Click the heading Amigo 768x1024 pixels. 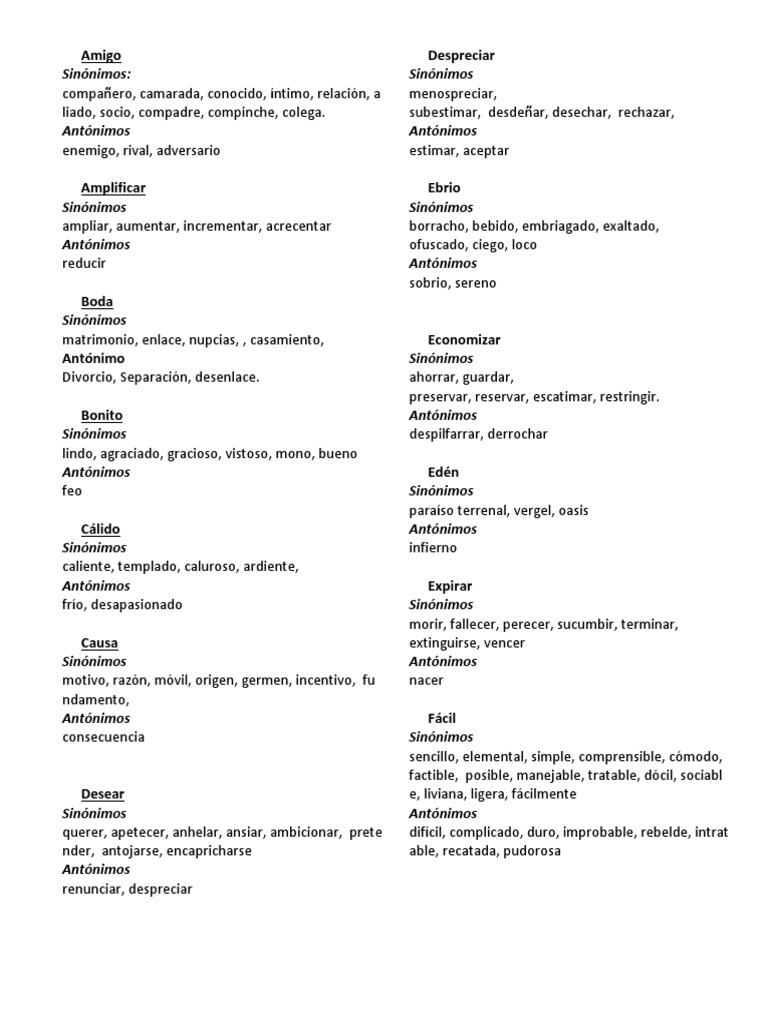(x=100, y=56)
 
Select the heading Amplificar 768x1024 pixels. (x=113, y=188)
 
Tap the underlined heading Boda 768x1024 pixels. (x=97, y=302)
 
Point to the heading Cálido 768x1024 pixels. (x=101, y=529)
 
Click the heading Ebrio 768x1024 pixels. (x=444, y=188)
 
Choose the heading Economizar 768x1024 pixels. (x=464, y=340)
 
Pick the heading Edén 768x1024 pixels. (x=444, y=472)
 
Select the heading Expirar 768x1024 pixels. (x=450, y=586)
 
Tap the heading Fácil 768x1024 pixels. (x=442, y=718)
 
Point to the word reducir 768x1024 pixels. (x=84, y=264)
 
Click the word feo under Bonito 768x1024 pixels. (x=72, y=491)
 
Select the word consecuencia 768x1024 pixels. (x=103, y=737)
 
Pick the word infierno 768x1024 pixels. (x=433, y=548)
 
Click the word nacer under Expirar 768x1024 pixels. (x=426, y=681)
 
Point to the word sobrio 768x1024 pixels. (x=428, y=283)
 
